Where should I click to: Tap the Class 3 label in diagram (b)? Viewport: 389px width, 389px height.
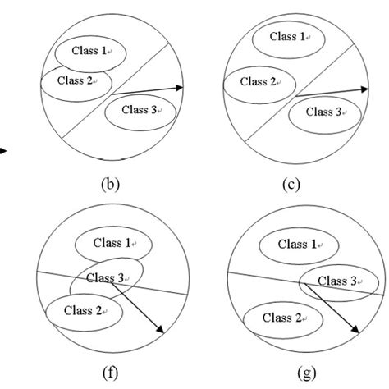(140, 110)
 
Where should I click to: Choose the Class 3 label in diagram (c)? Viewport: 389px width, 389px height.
(319, 113)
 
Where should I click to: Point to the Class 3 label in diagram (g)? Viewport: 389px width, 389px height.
(336, 281)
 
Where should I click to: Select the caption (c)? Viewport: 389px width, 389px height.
(291, 185)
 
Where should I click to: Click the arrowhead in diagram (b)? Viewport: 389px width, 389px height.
(180, 88)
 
